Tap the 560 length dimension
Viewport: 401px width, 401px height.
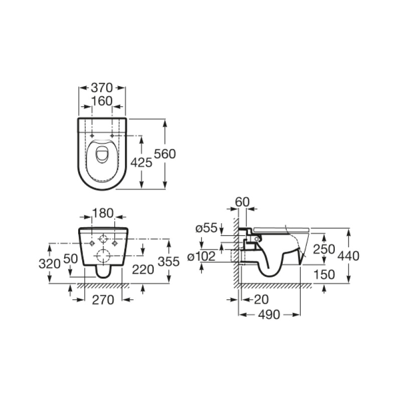pos(165,154)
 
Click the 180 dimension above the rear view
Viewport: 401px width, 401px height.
pos(103,213)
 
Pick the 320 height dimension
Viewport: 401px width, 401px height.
pos(50,263)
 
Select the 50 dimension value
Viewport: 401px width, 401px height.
pos(72,259)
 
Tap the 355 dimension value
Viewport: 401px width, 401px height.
pos(168,262)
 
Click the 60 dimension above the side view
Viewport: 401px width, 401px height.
pos(242,202)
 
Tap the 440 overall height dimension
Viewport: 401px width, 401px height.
pos(349,256)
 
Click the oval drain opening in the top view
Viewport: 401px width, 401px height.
pos(102,154)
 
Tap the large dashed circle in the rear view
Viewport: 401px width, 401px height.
pos(103,256)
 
